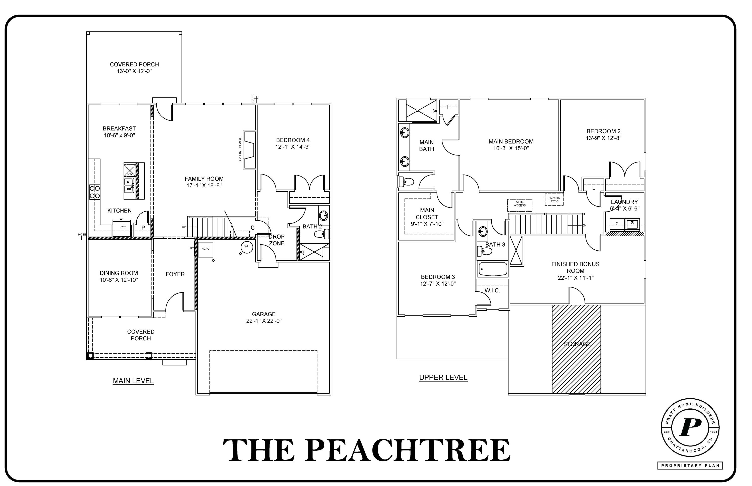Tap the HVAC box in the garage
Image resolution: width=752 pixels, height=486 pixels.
pos(205,249)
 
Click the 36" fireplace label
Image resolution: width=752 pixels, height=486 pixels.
pos(240,149)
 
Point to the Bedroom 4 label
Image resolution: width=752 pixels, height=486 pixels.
pos(293,140)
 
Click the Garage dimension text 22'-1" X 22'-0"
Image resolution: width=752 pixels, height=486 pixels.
pos(264,321)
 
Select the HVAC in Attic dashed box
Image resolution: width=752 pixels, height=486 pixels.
pos(554,200)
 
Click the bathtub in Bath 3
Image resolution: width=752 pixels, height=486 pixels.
pos(493,269)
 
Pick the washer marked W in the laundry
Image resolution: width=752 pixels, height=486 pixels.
pos(632,224)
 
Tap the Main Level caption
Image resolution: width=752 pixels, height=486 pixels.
pos(133,381)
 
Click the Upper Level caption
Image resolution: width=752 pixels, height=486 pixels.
pos(443,377)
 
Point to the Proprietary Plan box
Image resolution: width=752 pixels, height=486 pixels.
pos(690,465)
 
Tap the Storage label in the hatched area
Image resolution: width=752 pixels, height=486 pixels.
pos(577,344)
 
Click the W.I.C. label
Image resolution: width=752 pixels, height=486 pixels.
pos(492,290)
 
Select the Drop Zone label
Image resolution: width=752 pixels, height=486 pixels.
pos(276,240)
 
